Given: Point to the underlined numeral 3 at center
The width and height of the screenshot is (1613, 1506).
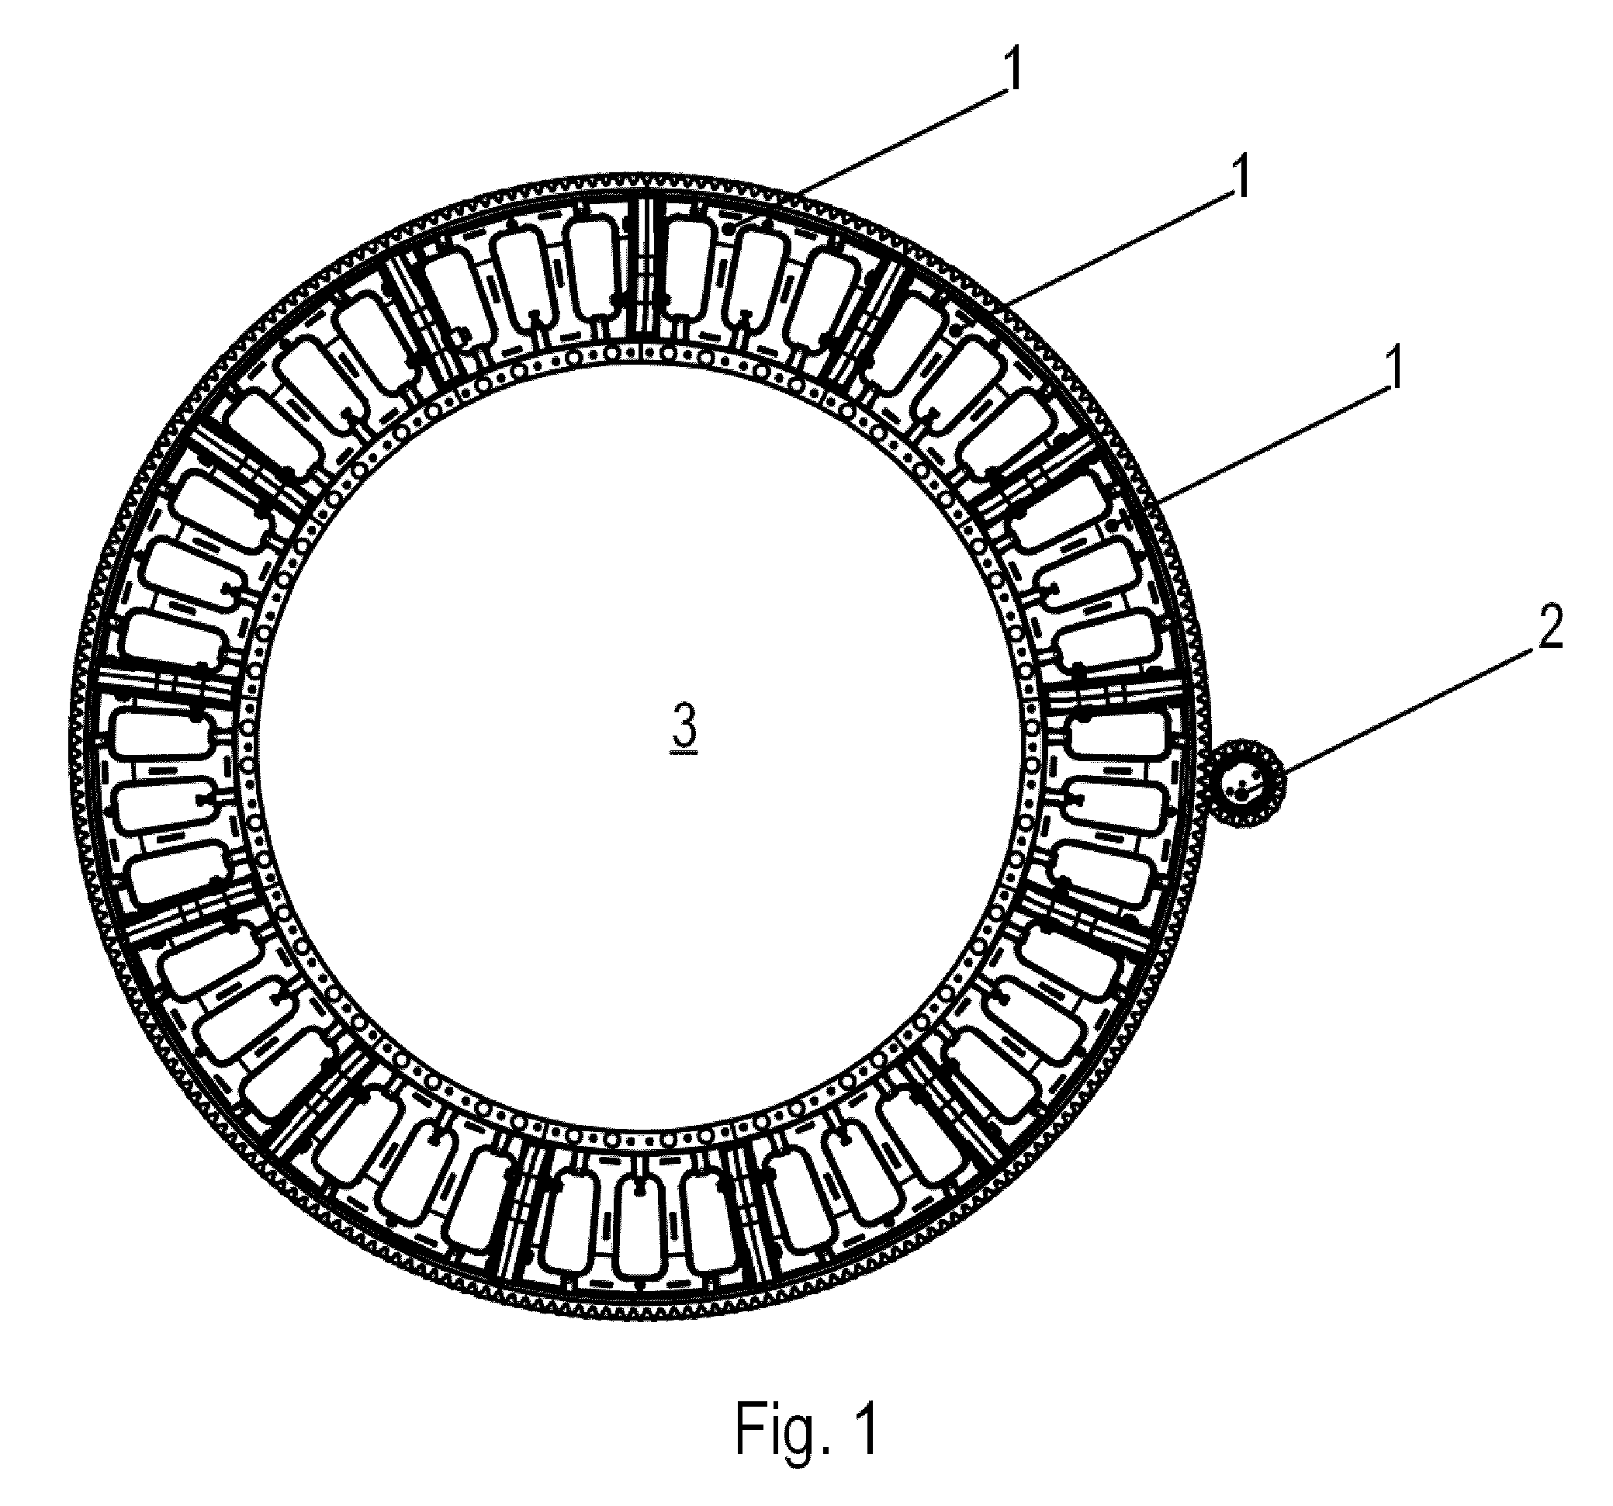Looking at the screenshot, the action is (684, 726).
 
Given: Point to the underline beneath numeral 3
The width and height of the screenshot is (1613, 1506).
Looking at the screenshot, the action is (684, 753).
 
